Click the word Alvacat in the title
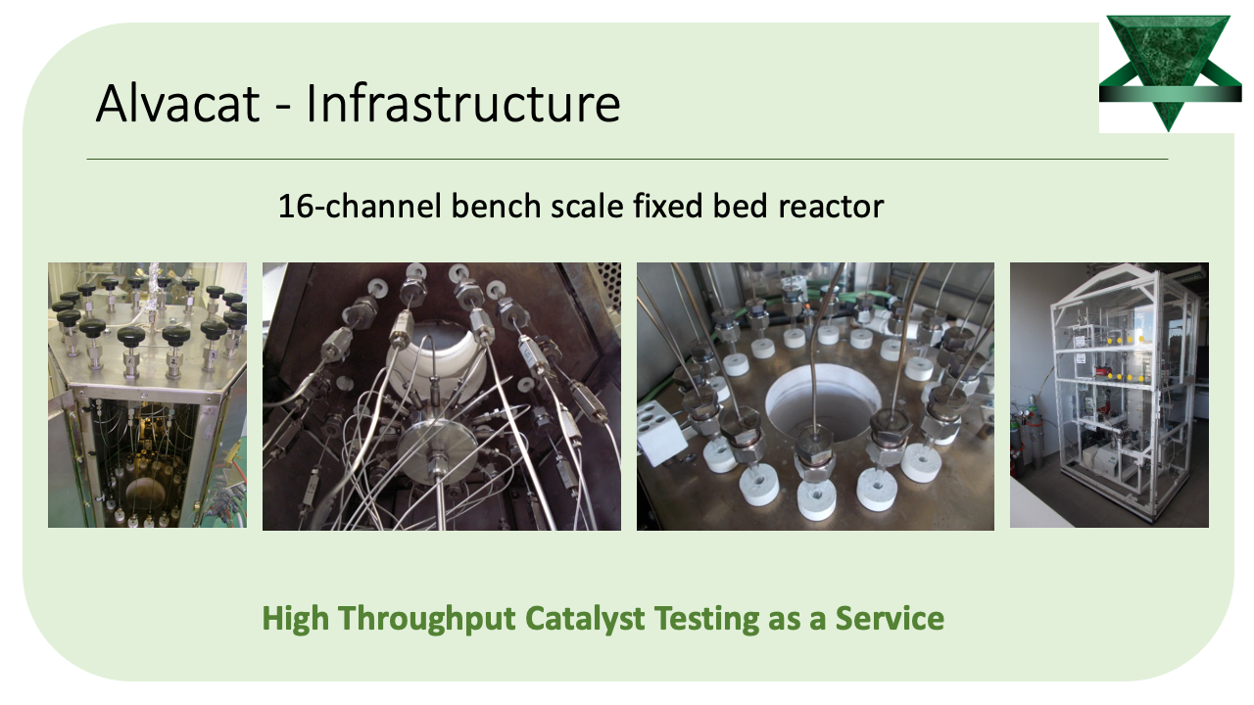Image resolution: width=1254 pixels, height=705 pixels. click(x=177, y=103)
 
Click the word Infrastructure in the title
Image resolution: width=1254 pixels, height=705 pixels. click(x=463, y=103)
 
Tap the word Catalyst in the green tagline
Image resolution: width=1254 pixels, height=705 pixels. click(x=585, y=619)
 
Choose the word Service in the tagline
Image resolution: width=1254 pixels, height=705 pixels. click(x=890, y=618)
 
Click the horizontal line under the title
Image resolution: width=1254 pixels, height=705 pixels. click(x=628, y=160)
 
